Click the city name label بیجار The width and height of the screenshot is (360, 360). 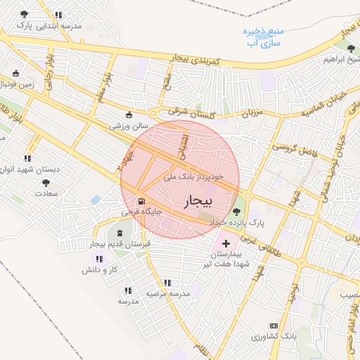point(197,202)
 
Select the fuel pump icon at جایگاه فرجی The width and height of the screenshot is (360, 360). point(132,200)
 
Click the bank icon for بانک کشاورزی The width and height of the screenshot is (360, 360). point(274,326)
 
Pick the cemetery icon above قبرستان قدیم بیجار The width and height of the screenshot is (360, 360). point(118,231)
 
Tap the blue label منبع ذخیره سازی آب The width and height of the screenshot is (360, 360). point(264,37)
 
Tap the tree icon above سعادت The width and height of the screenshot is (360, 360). point(46,182)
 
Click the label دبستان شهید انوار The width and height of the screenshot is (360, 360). point(27,169)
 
